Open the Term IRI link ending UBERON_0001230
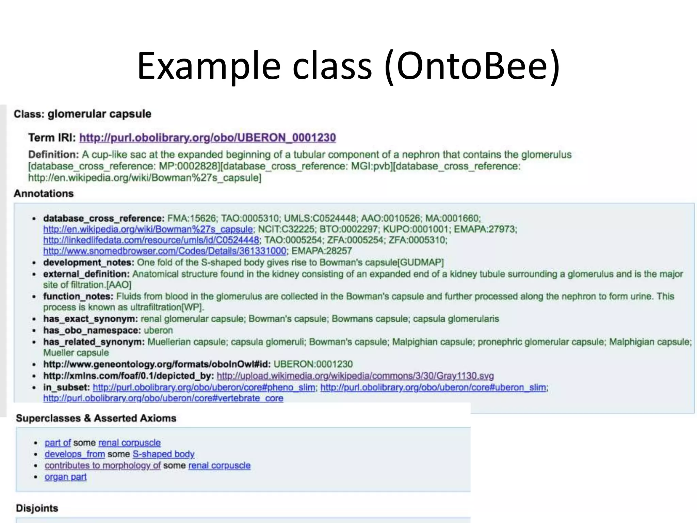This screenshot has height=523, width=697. [x=207, y=138]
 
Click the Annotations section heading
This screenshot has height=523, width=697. [x=44, y=193]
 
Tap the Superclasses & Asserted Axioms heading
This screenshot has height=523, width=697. [x=96, y=418]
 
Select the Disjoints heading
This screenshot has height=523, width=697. [x=37, y=508]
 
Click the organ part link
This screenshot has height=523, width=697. [x=66, y=477]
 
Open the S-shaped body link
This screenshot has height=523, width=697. [x=163, y=454]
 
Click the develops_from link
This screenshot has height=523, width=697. [x=75, y=454]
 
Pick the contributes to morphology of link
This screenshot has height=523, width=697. [x=102, y=465]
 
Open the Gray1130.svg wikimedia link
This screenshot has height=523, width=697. [x=355, y=376]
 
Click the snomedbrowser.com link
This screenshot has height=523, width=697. [x=165, y=251]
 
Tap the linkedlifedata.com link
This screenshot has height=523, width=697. [x=151, y=240]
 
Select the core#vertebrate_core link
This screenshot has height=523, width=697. [x=163, y=398]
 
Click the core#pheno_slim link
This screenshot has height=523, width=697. [x=204, y=387]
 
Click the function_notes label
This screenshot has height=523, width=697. [x=78, y=296]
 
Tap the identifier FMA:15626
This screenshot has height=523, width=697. [x=192, y=218]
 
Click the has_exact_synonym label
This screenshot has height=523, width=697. [x=90, y=319]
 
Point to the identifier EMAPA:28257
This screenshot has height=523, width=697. [x=322, y=251]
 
